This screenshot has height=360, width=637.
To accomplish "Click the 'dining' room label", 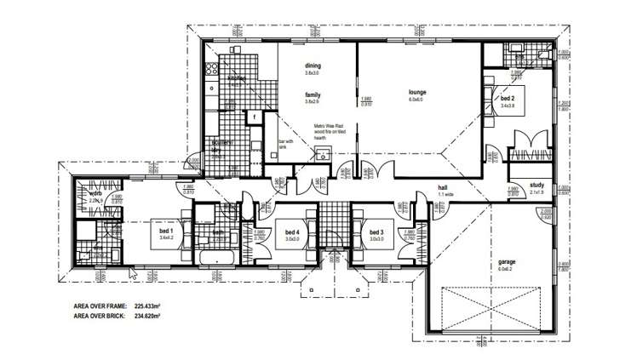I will point(312,66).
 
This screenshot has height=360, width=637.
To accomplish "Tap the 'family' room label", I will point(312,94).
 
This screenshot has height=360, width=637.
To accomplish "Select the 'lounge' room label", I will point(416,92).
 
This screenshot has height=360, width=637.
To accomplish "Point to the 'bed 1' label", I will point(165,231).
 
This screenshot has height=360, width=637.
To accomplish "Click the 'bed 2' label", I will point(508,100).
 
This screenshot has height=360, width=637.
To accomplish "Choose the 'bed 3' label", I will point(378,231).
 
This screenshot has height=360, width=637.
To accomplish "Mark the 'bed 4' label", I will point(292,231).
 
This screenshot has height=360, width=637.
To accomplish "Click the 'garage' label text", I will point(507,261).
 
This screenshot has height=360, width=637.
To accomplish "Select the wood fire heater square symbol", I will point(323,154).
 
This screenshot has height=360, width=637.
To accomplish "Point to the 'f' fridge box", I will point(255,117).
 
